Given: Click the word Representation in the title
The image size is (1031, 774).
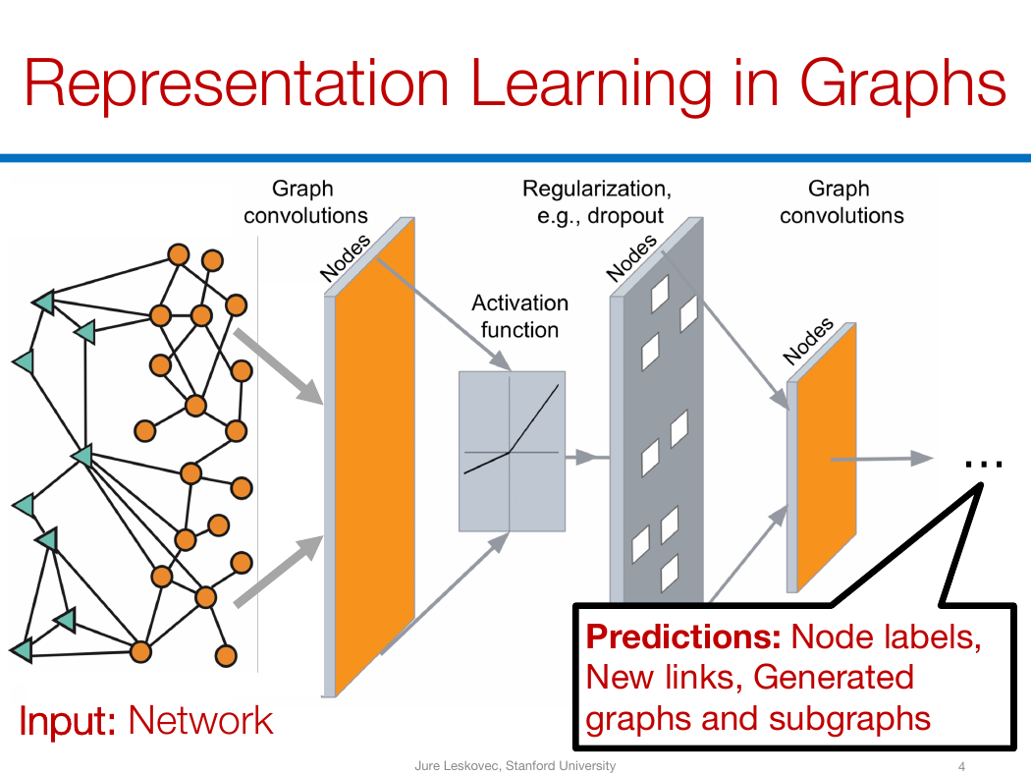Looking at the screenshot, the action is (237, 83).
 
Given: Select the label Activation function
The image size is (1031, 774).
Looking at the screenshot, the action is (519, 316).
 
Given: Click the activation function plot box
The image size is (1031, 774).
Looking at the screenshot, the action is (512, 451).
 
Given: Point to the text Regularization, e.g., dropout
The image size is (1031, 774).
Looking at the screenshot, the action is (597, 202).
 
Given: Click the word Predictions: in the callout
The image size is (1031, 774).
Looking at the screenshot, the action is (683, 636).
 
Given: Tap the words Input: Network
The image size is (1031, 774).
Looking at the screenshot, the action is (145, 721).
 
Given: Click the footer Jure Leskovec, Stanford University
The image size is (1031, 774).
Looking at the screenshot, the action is (515, 765).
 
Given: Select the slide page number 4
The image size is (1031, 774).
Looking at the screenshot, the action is (962, 766).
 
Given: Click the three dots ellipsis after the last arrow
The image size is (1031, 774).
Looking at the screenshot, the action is (984, 465).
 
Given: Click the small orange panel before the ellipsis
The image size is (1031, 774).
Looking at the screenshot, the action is (826, 457).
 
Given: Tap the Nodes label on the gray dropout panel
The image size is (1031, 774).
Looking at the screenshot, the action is (631, 257).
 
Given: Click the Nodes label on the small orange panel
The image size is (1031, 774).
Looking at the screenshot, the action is (808, 341).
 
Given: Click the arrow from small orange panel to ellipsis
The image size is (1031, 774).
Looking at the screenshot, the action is (882, 459).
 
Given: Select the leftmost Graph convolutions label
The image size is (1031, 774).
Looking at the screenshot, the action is (305, 202).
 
